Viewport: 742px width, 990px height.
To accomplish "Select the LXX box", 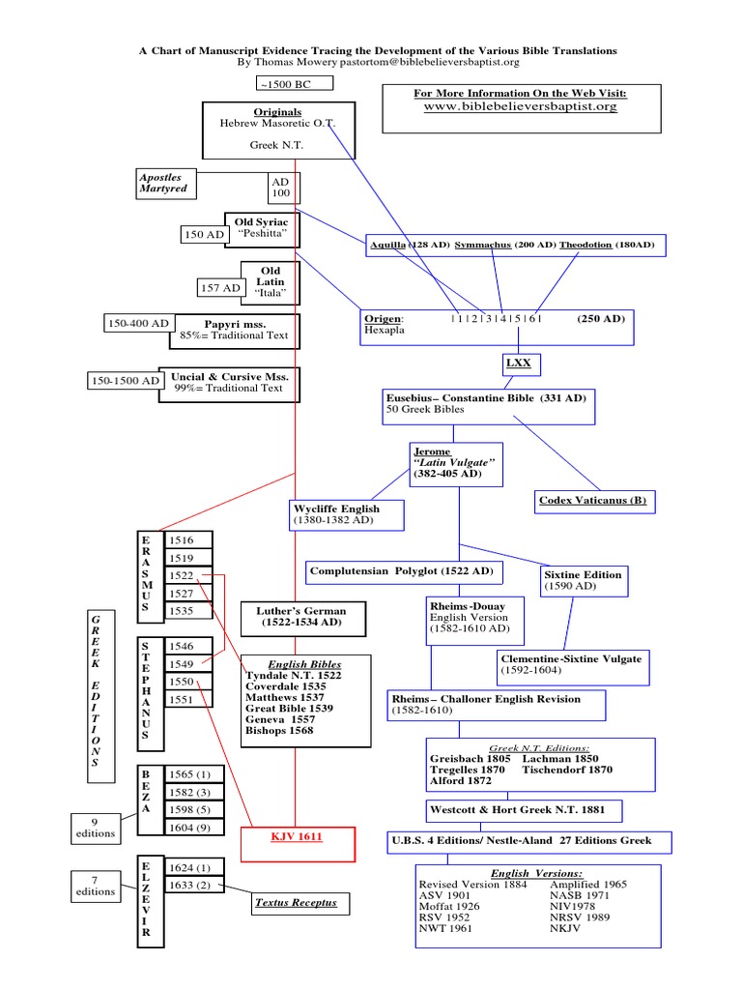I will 519,364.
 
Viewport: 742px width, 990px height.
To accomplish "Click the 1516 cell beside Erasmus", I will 188,541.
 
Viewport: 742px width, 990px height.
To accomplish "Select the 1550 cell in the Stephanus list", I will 188,682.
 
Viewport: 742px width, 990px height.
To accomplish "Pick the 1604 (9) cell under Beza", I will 194,827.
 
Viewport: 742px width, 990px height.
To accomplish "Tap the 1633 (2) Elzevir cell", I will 194,884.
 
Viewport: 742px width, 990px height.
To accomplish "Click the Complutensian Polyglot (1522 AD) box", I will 402,572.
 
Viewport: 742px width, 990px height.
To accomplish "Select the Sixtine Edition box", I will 584,580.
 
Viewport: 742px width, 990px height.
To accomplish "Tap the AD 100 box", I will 281,188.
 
